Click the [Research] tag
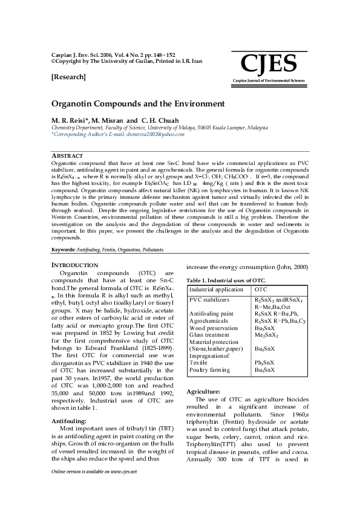[x=68, y=77]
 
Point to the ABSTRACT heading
[x=68, y=156]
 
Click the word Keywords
[x=63, y=249]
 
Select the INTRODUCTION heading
[x=74, y=265]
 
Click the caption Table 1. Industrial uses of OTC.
[x=225, y=280]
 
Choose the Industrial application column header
[x=216, y=290]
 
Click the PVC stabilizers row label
[x=209, y=299]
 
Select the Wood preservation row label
[x=214, y=328]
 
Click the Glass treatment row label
[x=209, y=334]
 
